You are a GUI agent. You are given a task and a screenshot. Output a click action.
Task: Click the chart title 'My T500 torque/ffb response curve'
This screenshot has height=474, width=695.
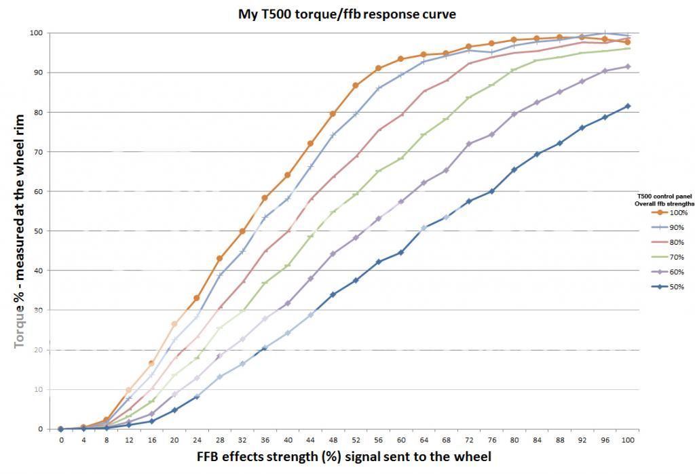point(345,13)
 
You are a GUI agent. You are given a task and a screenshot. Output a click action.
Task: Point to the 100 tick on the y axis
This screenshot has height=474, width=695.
point(36,33)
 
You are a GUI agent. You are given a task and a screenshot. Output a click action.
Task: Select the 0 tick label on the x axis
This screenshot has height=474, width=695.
point(60,439)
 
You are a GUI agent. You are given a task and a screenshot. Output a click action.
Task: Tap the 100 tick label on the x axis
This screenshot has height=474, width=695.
point(628,439)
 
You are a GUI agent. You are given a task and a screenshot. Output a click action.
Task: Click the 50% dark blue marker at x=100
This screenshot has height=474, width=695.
point(628,106)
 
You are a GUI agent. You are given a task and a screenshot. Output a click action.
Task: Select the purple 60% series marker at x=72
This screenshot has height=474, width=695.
point(469,144)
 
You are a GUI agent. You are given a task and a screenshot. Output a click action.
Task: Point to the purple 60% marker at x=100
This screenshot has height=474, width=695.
point(628,66)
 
